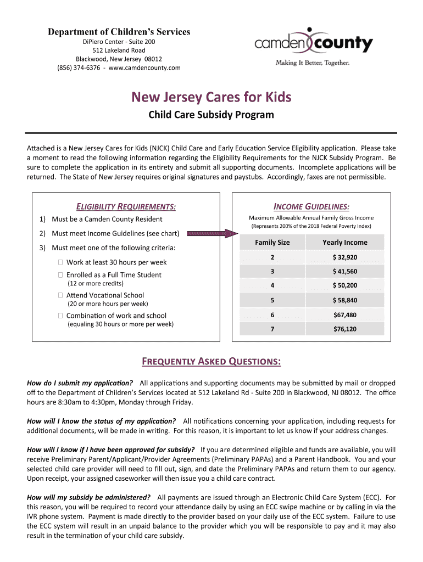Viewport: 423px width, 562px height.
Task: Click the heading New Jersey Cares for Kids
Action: tap(211, 98)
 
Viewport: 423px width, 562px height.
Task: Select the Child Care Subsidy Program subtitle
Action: tap(211, 115)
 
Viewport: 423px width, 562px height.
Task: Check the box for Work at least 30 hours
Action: tap(60, 262)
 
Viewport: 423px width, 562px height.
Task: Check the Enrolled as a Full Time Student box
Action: tap(60, 274)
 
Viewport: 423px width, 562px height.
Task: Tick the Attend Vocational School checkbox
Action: tap(60, 295)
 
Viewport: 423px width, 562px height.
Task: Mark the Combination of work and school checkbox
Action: tap(60, 316)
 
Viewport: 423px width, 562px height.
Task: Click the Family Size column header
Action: tap(272, 242)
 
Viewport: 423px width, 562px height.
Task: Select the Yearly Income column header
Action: tap(344, 242)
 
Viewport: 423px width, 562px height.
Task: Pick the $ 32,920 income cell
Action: tap(344, 257)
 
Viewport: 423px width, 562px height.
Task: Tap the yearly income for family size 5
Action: tap(344, 300)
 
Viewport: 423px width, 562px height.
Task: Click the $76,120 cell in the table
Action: tap(344, 329)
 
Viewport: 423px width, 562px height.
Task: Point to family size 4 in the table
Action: tap(272, 285)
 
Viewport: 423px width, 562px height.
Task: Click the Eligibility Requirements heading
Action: tap(126, 206)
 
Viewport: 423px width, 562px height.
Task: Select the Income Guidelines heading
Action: tap(311, 206)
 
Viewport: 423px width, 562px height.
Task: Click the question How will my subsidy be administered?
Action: tap(89, 497)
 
